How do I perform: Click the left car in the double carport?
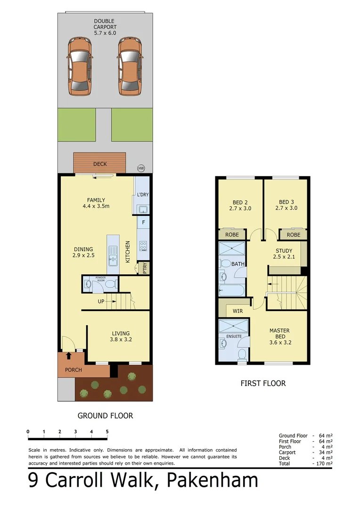tap(80, 66)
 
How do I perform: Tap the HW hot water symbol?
tap(141, 168)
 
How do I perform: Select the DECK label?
tap(100, 164)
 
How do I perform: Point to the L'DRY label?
tap(142, 195)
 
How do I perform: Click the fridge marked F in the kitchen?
tap(143, 222)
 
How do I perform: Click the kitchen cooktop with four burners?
tap(143, 246)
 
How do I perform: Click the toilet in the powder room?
tap(111, 284)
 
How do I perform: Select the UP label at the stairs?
tap(101, 301)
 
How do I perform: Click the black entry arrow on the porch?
tap(68, 356)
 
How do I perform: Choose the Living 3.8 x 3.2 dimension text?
tap(121, 339)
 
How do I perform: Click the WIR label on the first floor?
tap(237, 311)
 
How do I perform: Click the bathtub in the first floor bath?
tap(231, 290)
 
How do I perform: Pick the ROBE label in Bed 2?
tap(232, 234)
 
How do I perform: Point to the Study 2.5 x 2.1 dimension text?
tap(284, 257)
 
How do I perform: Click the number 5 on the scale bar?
tap(107, 432)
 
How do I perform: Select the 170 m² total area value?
tap(324, 464)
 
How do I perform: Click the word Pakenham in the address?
tap(213, 480)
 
